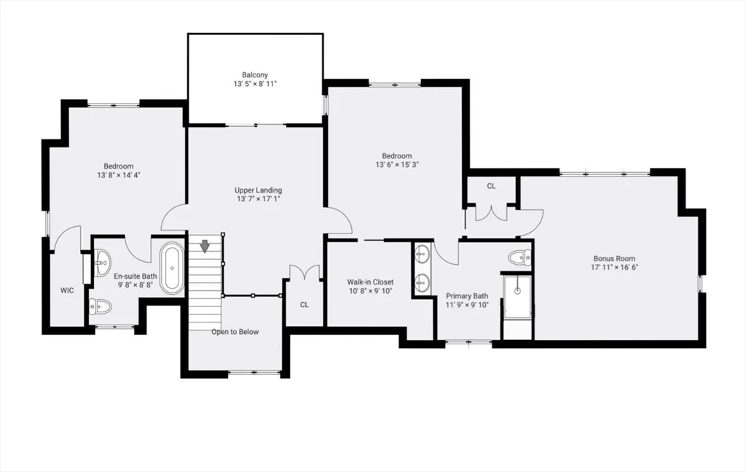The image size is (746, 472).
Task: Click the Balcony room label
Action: (x=255, y=74)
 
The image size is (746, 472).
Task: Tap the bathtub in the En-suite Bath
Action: (x=172, y=268)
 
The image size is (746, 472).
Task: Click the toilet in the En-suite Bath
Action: (x=101, y=307)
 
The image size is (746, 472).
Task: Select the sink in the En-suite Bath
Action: (x=102, y=259)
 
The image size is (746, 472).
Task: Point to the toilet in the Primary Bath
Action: (x=520, y=257)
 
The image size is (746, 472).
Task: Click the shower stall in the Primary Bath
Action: (x=517, y=296)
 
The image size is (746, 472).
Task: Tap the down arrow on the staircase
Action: (x=205, y=246)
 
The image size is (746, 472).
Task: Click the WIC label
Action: (x=67, y=290)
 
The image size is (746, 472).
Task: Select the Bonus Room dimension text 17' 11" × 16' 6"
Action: (x=614, y=268)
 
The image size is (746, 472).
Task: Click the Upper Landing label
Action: (x=258, y=190)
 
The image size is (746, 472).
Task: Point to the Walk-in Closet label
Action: (x=370, y=282)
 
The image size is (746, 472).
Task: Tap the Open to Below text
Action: (x=235, y=332)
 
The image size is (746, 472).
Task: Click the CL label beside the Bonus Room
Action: (x=491, y=186)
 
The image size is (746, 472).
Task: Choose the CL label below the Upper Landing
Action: (x=305, y=305)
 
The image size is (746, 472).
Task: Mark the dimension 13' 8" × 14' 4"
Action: (x=118, y=175)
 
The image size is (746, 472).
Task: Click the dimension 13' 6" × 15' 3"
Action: (x=397, y=165)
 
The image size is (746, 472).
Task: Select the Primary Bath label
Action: (x=467, y=296)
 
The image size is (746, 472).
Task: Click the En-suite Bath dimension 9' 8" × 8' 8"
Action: (x=136, y=285)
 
